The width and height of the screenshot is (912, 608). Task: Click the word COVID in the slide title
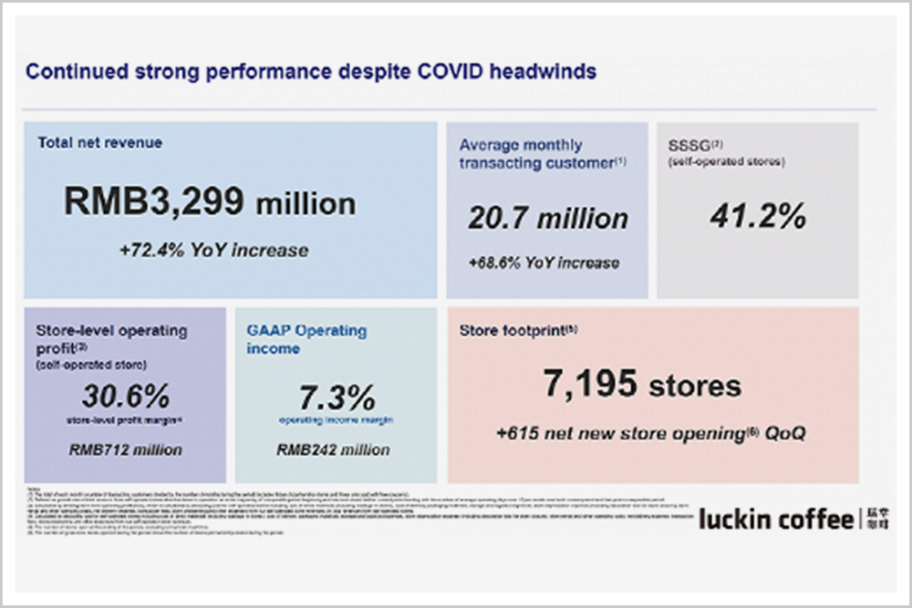coord(439,71)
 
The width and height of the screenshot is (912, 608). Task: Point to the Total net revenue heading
coord(99,143)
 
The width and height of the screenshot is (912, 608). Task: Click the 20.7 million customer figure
coord(548,219)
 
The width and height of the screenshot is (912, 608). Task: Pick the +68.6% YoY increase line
coord(544,263)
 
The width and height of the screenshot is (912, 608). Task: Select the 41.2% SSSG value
coord(758,216)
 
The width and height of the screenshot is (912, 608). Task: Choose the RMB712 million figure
coord(126,449)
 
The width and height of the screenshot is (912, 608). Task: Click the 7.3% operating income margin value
coord(337,397)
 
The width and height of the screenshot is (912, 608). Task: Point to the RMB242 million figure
coord(333,449)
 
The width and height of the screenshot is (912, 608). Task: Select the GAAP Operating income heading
coord(306,339)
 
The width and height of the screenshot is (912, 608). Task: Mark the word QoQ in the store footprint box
coord(784,434)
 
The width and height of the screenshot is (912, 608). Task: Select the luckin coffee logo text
coord(775,520)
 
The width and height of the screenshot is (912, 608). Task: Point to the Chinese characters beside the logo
coord(874,520)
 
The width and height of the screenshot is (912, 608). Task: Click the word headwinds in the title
coord(543,71)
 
